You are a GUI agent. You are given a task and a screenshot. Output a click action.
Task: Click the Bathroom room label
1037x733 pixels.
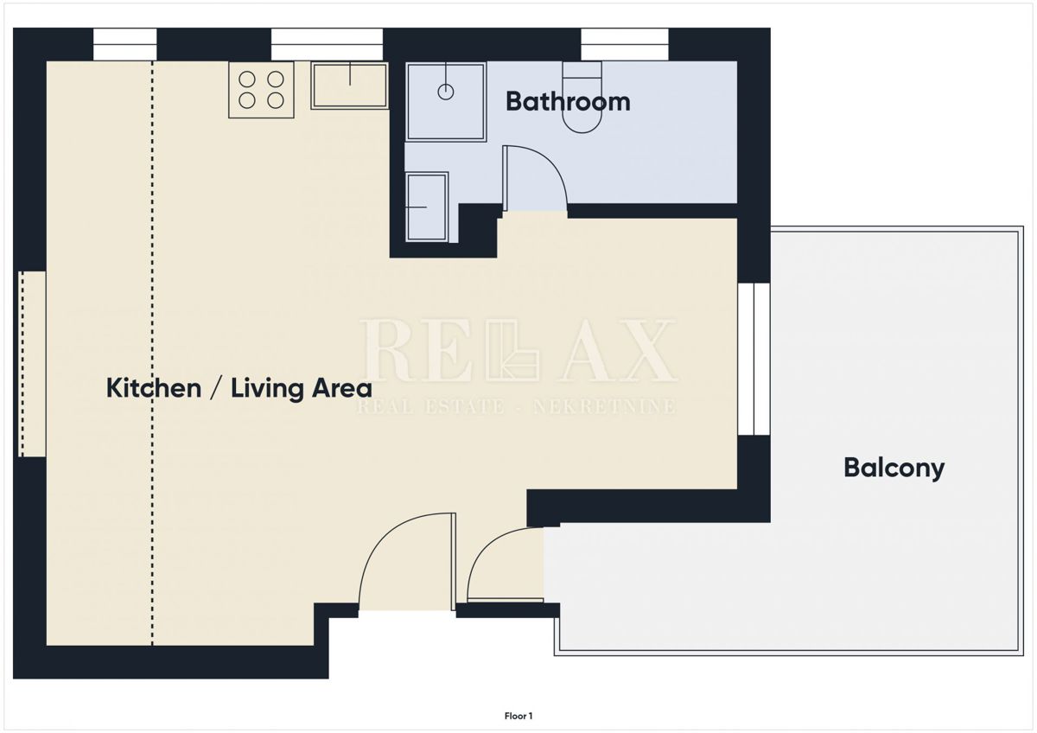568,101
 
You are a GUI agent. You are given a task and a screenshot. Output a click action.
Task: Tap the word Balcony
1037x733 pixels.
894,468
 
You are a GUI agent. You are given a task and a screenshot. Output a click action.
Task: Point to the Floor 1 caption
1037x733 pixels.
518,716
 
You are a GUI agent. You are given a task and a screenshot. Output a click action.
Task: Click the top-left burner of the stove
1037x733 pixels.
247,79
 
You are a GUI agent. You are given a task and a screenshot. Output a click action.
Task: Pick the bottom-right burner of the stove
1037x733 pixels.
276,100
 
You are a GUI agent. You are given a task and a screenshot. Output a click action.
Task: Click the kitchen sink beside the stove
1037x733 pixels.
349,85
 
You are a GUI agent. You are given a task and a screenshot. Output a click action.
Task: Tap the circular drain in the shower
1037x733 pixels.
446,92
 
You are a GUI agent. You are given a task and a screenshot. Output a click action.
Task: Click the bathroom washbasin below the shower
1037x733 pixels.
427,207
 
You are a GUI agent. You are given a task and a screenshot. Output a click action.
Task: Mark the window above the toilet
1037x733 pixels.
624,44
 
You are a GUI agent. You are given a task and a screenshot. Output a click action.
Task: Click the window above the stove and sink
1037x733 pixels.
327,44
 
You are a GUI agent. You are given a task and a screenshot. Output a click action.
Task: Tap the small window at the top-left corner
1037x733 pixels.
124,44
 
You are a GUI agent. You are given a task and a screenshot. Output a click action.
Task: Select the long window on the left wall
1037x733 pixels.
31,364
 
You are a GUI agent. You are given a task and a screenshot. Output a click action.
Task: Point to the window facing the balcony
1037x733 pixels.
754,359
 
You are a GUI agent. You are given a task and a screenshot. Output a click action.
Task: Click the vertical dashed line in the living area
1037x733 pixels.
153,346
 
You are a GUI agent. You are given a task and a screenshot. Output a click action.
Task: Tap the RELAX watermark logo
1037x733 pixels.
518,350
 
